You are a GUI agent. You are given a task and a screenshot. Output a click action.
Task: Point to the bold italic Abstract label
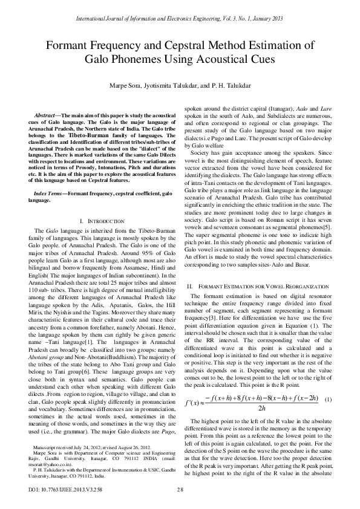pos(45,115)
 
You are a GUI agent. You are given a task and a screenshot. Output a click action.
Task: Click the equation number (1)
pos(328,383)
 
